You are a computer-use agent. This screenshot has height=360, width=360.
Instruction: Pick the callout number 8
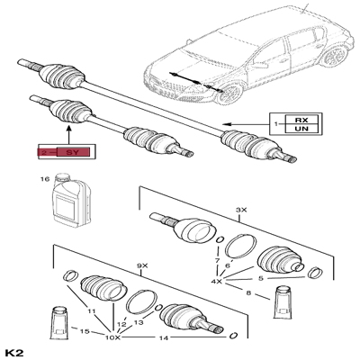point(248,291)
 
